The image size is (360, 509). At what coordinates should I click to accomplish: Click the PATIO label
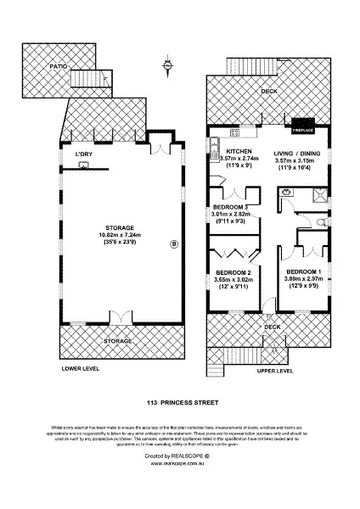(57, 66)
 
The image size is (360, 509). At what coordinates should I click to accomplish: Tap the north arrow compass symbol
(168, 64)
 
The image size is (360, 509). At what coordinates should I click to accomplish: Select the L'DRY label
(83, 154)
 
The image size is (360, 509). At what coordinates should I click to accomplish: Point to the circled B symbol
(175, 245)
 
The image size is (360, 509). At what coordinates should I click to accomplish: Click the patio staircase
(88, 81)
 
